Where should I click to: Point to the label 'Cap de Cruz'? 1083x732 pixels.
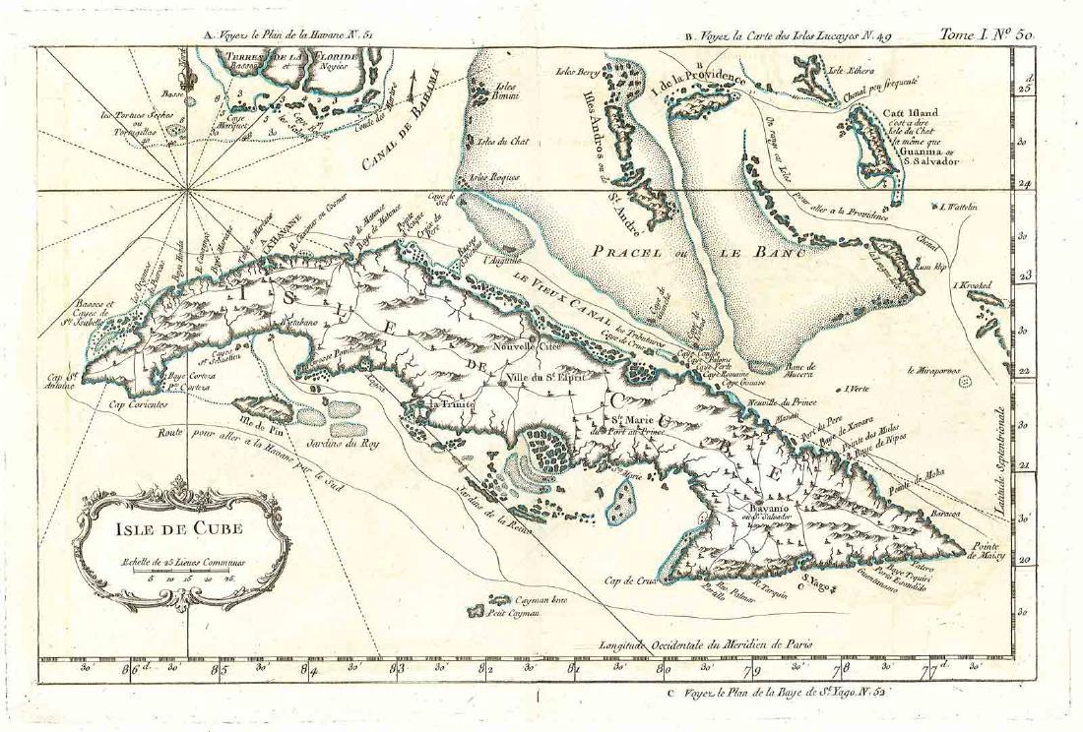[629, 579]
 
